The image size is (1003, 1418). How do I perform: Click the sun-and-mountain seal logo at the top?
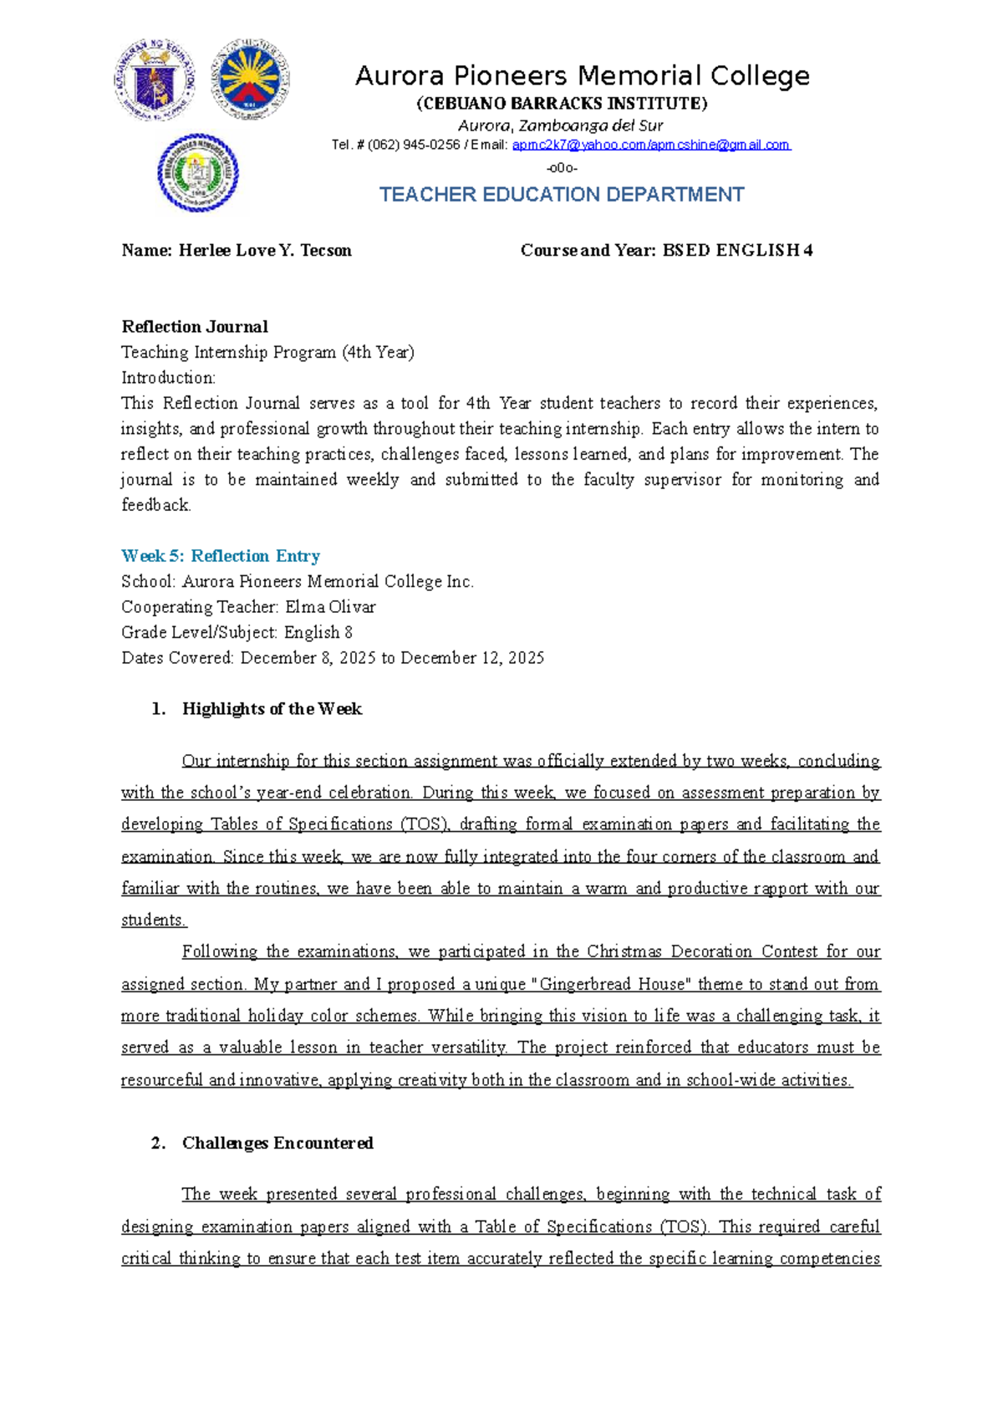click(x=250, y=79)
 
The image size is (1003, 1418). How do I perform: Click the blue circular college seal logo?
click(x=198, y=173)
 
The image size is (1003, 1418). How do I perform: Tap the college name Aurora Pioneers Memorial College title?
click(x=582, y=76)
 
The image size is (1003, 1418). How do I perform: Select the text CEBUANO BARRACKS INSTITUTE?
click(x=562, y=104)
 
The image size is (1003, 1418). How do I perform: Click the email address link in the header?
click(x=651, y=145)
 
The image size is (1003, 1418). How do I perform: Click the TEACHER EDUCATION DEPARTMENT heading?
click(x=562, y=195)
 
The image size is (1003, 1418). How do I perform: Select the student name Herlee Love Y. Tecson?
click(x=265, y=251)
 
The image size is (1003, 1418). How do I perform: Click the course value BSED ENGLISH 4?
click(x=737, y=251)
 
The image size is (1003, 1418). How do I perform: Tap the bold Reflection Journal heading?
click(x=195, y=327)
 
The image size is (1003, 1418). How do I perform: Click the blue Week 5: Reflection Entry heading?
click(x=221, y=556)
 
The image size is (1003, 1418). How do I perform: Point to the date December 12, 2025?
click(x=472, y=658)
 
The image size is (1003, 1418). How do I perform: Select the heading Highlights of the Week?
click(x=272, y=709)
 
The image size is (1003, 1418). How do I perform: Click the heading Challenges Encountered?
click(x=277, y=1143)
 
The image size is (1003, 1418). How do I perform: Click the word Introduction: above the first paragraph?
click(x=168, y=378)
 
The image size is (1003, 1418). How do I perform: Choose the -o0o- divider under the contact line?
click(x=562, y=167)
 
